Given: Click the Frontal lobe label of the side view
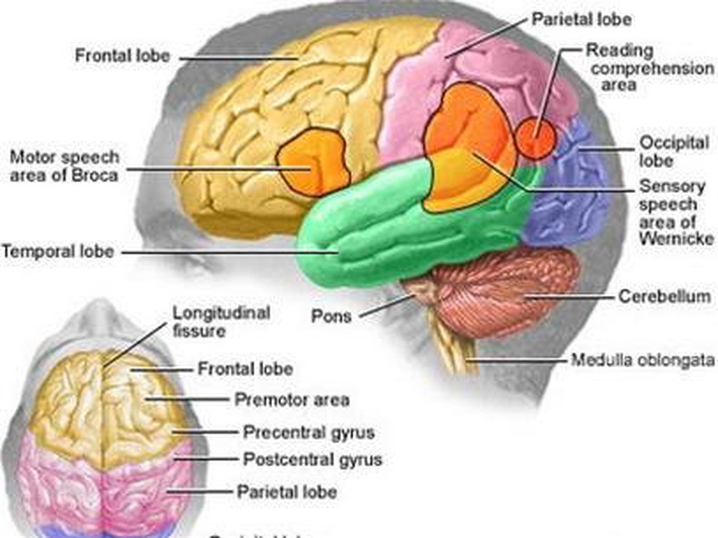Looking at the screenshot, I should (x=122, y=56).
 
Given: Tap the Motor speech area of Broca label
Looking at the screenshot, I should (x=64, y=166).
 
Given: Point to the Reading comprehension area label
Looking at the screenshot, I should (x=649, y=67).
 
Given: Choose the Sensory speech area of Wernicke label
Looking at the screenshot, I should (x=676, y=212).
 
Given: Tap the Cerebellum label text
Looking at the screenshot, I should (x=664, y=296).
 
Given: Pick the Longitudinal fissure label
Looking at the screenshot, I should (x=221, y=321).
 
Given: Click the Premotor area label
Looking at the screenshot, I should (x=291, y=399).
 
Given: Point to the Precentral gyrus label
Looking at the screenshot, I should (x=308, y=431).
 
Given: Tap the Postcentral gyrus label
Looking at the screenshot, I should (x=312, y=460).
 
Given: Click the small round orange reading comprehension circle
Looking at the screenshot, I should (x=536, y=138).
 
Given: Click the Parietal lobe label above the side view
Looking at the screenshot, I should (x=581, y=19).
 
